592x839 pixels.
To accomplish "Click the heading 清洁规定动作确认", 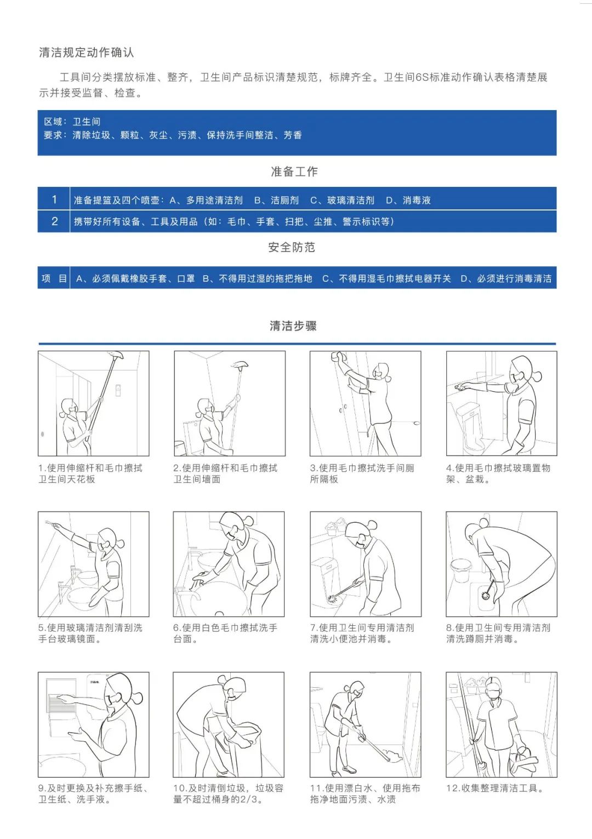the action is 86,53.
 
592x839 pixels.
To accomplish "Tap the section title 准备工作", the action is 294,172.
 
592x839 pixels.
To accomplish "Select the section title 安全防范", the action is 292,247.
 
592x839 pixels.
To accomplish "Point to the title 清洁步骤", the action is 293,326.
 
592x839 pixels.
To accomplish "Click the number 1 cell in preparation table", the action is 54,199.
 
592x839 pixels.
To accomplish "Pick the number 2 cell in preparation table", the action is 54,221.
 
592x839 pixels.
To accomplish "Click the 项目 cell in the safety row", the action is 54,278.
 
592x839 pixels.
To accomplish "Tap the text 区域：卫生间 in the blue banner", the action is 72,122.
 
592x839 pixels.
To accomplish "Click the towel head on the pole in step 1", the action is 115,355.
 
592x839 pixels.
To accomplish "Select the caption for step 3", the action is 362,473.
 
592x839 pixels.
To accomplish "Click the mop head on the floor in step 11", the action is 391,759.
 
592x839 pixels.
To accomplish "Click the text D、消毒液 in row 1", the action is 408,201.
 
